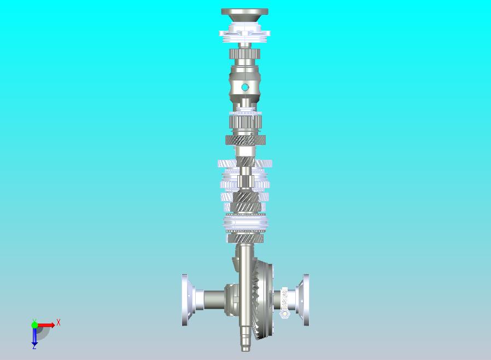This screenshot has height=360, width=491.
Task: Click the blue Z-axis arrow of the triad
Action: pos(34,336)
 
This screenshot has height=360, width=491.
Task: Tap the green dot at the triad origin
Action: pos(34,325)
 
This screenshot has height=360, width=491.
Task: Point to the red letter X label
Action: pos(59,322)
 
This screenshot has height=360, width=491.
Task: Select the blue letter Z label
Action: pos(34,346)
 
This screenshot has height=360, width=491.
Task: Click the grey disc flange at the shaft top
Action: pos(244,12)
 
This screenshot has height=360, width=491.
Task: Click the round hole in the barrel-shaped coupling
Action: pos(244,87)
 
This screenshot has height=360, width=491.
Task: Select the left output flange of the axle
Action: pos(185,300)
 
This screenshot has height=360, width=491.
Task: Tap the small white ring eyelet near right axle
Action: pos(285,313)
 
